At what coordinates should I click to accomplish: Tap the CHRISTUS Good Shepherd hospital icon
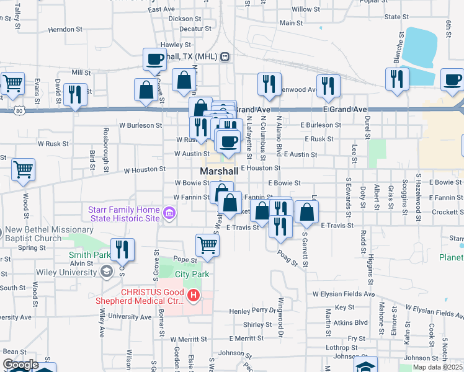194,295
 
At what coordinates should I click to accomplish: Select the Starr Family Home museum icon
169,215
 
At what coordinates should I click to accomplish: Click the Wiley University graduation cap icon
107,271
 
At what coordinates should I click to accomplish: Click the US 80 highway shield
20,110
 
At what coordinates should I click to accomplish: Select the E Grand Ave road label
345,109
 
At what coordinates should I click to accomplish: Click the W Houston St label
145,169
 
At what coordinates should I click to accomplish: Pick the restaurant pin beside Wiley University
123,249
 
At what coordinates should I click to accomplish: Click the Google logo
20,365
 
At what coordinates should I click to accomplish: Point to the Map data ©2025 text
437,367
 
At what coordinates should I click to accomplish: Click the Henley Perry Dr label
252,310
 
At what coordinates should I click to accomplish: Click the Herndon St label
65,29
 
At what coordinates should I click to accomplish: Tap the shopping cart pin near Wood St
23,169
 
